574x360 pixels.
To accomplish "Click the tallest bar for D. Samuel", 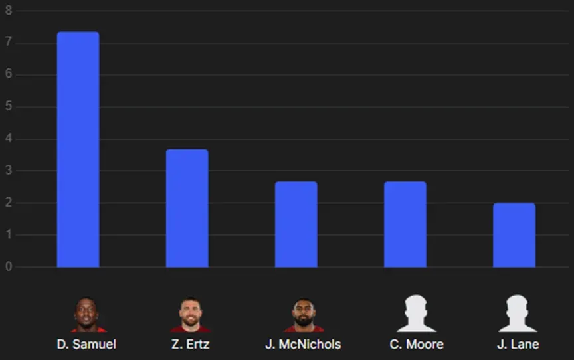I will pyautogui.click(x=78, y=149).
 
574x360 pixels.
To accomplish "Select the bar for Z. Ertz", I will pyautogui.click(x=187, y=209).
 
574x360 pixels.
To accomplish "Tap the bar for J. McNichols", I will pyautogui.click(x=296, y=225).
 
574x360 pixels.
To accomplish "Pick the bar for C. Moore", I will pyautogui.click(x=405, y=225).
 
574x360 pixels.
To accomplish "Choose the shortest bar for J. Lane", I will pyautogui.click(x=514, y=235).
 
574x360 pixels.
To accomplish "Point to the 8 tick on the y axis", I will pyautogui.click(x=9, y=11).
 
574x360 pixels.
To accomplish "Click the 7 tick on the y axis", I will pyautogui.click(x=9, y=43).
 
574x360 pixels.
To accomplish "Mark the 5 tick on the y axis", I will pyautogui.click(x=9, y=107).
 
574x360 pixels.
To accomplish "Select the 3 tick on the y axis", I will pyautogui.click(x=9, y=171).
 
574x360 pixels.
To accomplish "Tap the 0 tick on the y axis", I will pyautogui.click(x=9, y=267).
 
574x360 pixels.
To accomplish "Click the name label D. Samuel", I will pyautogui.click(x=86, y=344).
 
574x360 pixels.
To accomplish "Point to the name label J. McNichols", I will pyautogui.click(x=303, y=344).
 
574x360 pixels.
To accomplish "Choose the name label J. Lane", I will pyautogui.click(x=518, y=344).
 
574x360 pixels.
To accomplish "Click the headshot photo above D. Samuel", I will pyautogui.click(x=88, y=314).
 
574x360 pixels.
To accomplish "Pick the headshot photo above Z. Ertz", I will pyautogui.click(x=190, y=314).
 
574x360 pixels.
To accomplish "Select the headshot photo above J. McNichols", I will pyautogui.click(x=304, y=315).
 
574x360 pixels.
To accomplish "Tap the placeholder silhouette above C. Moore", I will pyautogui.click(x=416, y=314).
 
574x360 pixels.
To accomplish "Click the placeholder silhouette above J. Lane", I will pyautogui.click(x=518, y=314).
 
